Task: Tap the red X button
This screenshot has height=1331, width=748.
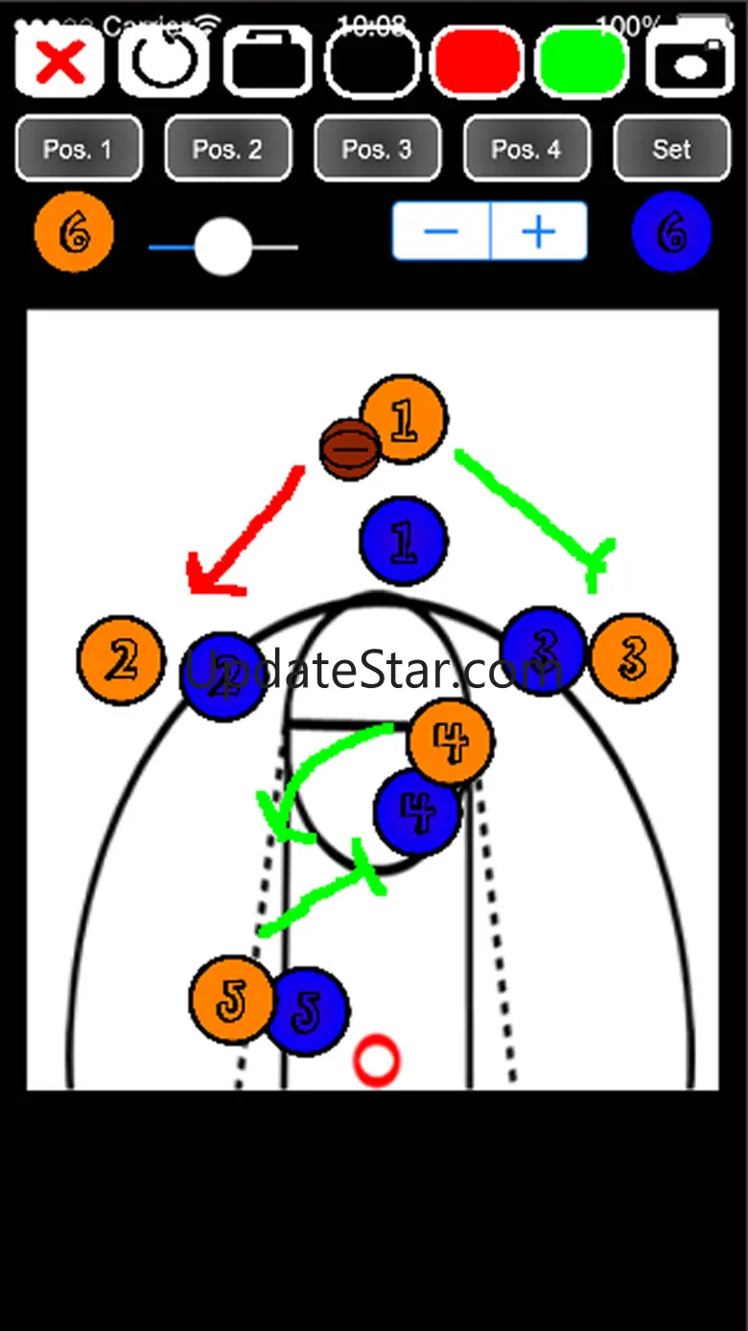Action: [59, 62]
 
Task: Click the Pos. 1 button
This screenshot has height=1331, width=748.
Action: [79, 149]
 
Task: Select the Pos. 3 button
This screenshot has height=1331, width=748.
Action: [377, 149]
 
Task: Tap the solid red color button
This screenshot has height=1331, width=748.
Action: [478, 62]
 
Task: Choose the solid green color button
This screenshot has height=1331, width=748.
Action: [582, 62]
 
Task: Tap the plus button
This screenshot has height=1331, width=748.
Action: [539, 231]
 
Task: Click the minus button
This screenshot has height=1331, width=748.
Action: [441, 231]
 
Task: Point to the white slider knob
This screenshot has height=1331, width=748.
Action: [223, 247]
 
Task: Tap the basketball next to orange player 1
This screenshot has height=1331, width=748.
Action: [350, 449]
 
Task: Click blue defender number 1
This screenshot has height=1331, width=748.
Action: [403, 541]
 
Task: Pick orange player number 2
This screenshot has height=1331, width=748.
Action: [121, 660]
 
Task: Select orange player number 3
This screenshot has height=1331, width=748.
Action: [633, 657]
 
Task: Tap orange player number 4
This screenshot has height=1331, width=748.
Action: [450, 741]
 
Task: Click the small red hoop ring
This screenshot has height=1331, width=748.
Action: [376, 1060]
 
